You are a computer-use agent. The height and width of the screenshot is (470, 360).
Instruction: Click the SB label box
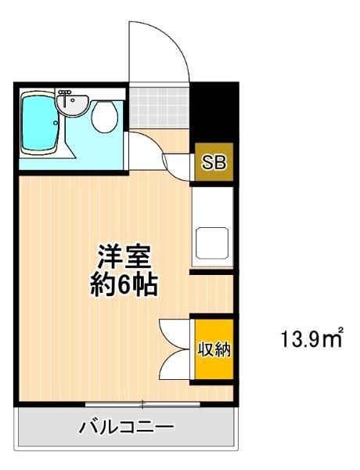click(x=213, y=163)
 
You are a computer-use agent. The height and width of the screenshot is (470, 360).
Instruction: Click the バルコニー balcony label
click(x=126, y=428)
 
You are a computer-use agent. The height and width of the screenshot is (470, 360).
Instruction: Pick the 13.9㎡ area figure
click(x=312, y=341)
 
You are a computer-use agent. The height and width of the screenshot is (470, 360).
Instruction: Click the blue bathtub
click(x=41, y=124)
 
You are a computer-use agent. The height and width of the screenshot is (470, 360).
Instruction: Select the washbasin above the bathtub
click(x=76, y=103)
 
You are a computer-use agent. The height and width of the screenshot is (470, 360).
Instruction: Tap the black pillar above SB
click(x=213, y=110)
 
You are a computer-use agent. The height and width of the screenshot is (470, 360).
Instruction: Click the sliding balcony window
click(x=142, y=404)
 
